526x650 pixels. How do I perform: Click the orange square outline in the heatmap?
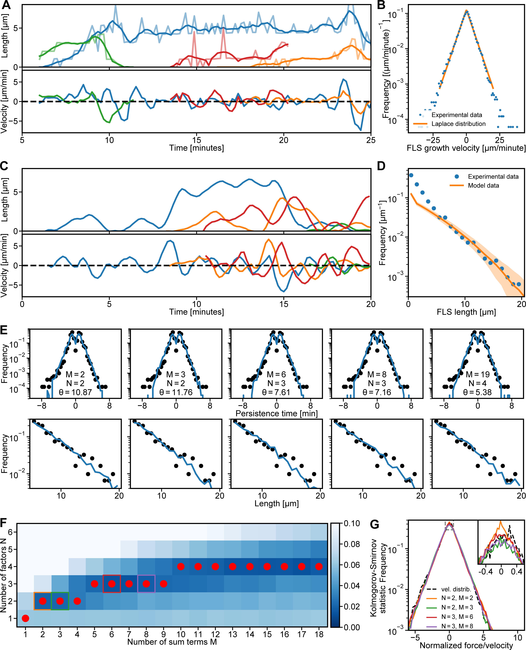[42, 601]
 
